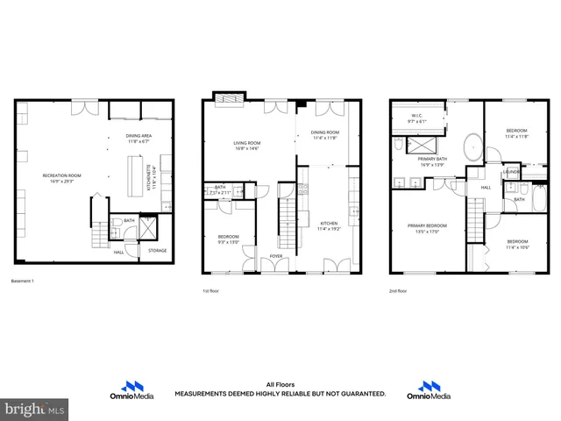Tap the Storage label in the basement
(x=157, y=251)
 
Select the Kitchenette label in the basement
(x=155, y=178)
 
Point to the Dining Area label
(x=139, y=136)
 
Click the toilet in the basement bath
(x=119, y=232)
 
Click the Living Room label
(x=246, y=143)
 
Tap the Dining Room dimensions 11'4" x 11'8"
(x=323, y=138)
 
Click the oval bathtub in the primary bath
(x=471, y=144)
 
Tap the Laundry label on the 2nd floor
(x=512, y=173)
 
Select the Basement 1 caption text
(x=23, y=281)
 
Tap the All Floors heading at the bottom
(x=280, y=384)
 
